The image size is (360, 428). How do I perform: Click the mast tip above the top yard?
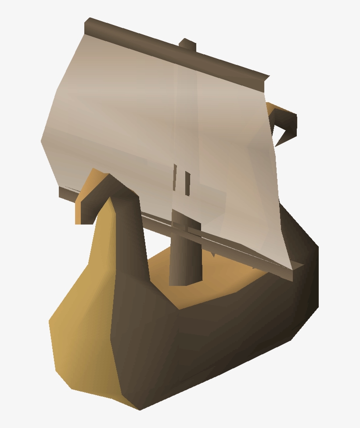187,43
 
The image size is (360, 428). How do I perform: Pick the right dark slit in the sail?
187,183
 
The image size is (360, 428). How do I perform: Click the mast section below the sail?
184,259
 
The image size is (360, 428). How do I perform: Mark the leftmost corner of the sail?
42,140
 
